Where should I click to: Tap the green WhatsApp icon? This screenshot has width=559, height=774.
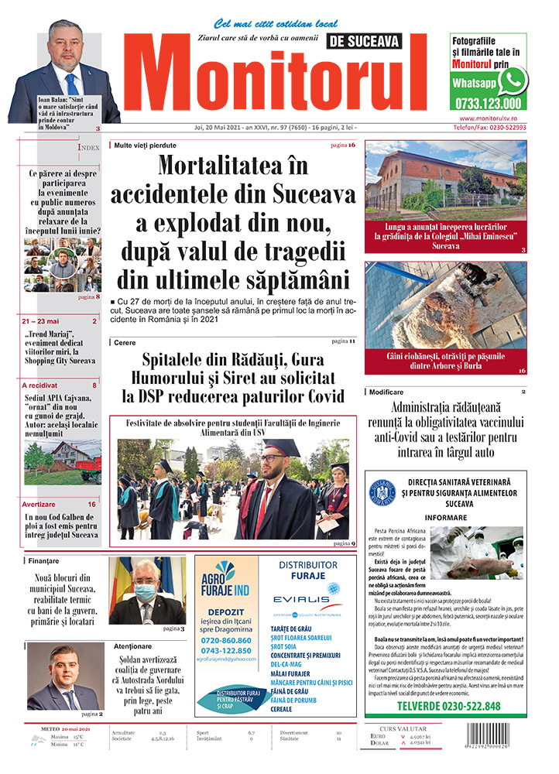(512, 80)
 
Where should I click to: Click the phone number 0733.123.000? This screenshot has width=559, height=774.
(488, 103)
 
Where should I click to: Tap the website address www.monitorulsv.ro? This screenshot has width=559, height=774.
(492, 118)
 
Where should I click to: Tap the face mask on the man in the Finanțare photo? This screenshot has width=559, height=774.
(145, 592)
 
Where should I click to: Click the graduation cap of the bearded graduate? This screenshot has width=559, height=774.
(280, 447)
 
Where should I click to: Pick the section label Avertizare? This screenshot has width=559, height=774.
(39, 504)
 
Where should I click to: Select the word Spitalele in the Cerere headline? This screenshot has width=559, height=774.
(175, 360)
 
